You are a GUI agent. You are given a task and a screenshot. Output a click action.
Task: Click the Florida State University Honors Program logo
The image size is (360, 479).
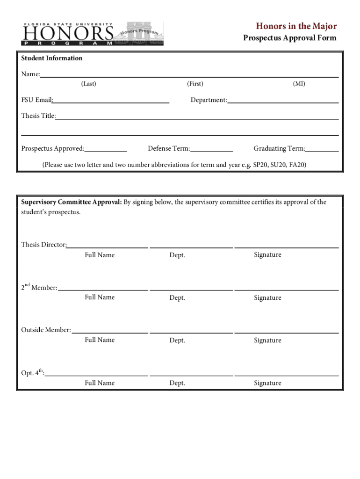(92, 34)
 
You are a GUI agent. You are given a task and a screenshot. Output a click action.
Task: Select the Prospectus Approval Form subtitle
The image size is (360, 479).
(289, 38)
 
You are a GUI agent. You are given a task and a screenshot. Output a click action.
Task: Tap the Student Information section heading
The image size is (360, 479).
(51, 58)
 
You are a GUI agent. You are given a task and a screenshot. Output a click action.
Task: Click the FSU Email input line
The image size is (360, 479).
(111, 100)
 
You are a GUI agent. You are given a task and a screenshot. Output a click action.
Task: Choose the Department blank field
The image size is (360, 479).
(283, 100)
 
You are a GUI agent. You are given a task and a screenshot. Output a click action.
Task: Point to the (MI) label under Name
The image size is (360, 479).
(299, 84)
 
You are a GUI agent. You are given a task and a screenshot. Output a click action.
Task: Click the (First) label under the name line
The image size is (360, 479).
(195, 84)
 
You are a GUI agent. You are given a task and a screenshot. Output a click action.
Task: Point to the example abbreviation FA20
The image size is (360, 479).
(297, 165)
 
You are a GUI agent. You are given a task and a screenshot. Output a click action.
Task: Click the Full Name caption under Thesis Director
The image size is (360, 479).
(100, 255)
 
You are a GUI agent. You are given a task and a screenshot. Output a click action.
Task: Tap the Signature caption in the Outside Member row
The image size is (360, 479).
(267, 340)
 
